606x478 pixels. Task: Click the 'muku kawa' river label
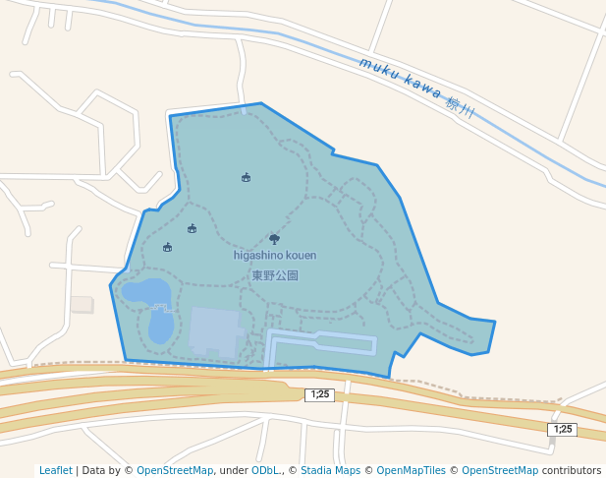[x=400, y=81]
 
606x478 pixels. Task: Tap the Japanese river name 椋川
[x=460, y=106]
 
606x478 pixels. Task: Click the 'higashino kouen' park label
[x=275, y=256]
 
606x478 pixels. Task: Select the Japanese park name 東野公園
[x=275, y=275]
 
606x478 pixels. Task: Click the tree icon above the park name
[x=274, y=238]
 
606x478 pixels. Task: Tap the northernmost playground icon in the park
[x=246, y=177]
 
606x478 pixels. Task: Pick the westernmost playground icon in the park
[x=167, y=247]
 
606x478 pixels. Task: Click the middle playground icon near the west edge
[x=192, y=228]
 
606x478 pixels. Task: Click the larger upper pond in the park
[x=146, y=291]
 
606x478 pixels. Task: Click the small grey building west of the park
[x=82, y=304]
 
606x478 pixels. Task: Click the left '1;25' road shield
[x=319, y=394]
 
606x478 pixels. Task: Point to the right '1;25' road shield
[x=562, y=429]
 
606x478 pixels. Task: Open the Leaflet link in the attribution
[x=55, y=470]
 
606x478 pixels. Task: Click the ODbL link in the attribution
[x=266, y=470]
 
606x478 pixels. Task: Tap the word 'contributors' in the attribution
[x=571, y=470]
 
